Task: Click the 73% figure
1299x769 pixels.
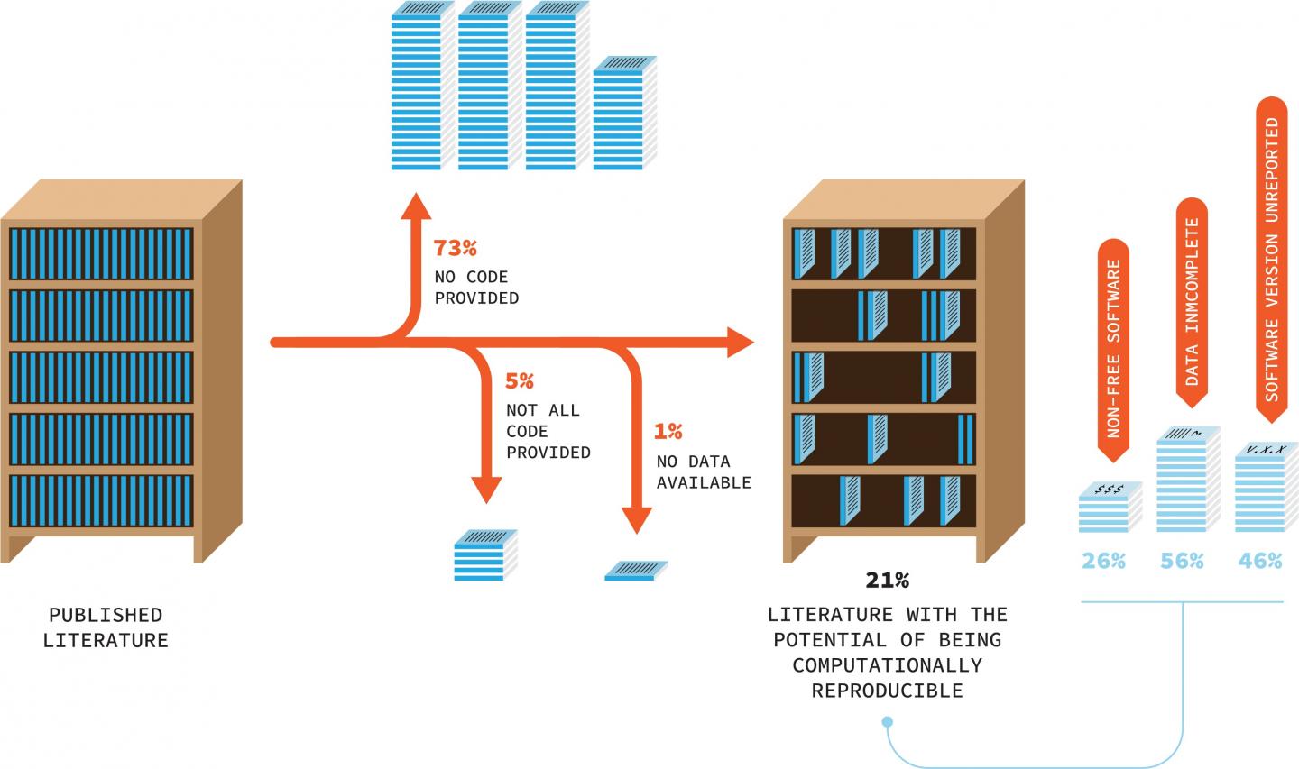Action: pos(455,248)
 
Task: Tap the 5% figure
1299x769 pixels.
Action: pos(519,381)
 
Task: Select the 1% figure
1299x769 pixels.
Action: pos(668,432)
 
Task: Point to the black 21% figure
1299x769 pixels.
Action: pos(888,579)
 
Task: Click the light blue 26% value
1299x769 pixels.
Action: pos(1104,561)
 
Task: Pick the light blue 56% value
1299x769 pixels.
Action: pos(1182,561)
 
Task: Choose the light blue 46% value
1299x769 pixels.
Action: pos(1260,561)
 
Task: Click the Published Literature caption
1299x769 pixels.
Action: pos(106,627)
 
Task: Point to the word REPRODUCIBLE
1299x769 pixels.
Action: pos(888,691)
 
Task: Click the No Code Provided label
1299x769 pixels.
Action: pos(476,287)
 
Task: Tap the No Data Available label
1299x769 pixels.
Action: pos(704,471)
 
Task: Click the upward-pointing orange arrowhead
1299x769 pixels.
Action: pos(416,205)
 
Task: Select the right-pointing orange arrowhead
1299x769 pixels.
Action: pos(740,343)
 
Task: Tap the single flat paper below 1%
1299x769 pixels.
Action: pos(637,570)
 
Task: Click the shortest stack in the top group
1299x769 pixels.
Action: pos(624,113)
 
